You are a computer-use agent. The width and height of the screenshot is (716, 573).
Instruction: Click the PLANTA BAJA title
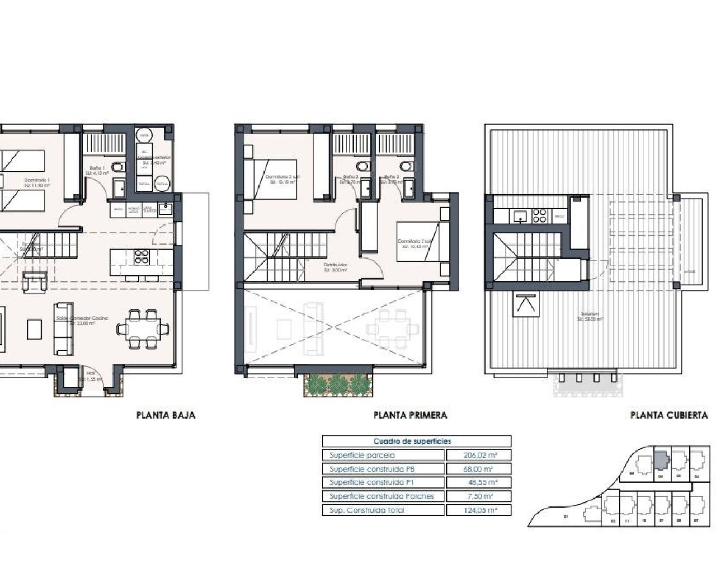tap(166, 415)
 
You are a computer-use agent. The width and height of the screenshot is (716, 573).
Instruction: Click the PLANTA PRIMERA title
tap(410, 415)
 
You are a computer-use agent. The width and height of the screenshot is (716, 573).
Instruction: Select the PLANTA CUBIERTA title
tap(668, 415)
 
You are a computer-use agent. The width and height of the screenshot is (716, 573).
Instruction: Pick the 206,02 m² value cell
tap(478, 455)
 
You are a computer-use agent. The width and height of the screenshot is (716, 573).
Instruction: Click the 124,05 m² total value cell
tap(478, 510)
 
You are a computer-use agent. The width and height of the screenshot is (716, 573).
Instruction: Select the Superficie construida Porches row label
tap(381, 496)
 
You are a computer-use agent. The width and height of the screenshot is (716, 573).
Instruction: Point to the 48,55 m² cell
tap(478, 482)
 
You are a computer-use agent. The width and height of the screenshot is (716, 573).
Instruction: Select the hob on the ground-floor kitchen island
tap(142, 257)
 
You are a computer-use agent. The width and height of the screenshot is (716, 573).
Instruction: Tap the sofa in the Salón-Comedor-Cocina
tap(63, 328)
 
